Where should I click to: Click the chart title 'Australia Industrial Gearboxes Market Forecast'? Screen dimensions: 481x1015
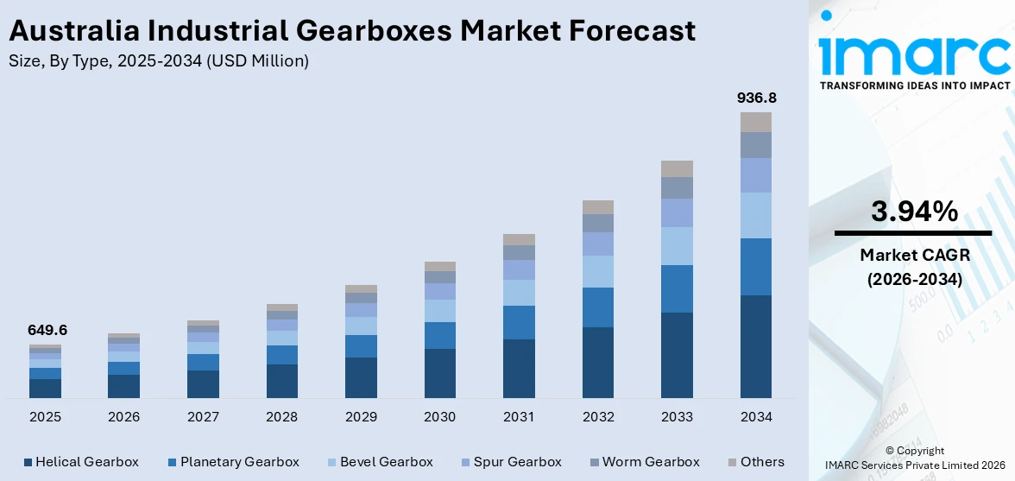coord(351,30)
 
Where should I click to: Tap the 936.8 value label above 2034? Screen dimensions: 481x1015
coord(756,98)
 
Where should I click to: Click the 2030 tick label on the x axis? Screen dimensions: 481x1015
coord(439,417)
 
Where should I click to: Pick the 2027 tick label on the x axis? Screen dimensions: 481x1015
coord(203,417)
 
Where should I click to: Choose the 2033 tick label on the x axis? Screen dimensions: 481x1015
coord(677,417)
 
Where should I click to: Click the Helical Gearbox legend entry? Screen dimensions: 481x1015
coord(81,462)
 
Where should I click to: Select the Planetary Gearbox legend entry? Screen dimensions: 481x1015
coord(233,462)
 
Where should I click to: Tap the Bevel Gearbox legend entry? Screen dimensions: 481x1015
coord(379,462)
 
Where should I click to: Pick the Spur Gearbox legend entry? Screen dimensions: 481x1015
coord(510,462)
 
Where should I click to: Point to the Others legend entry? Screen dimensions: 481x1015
coord(755,462)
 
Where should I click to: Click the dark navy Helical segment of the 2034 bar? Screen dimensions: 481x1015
coord(756,345)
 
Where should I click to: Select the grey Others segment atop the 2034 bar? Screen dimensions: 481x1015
coord(756,122)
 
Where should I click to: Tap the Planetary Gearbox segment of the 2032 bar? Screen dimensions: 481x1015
coord(598,307)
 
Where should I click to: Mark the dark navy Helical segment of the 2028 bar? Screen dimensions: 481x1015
coord(282,381)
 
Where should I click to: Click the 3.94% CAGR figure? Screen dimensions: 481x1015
coord(913,212)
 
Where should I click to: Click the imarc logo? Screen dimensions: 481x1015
coord(914,54)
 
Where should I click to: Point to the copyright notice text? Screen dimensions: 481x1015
coord(914,459)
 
